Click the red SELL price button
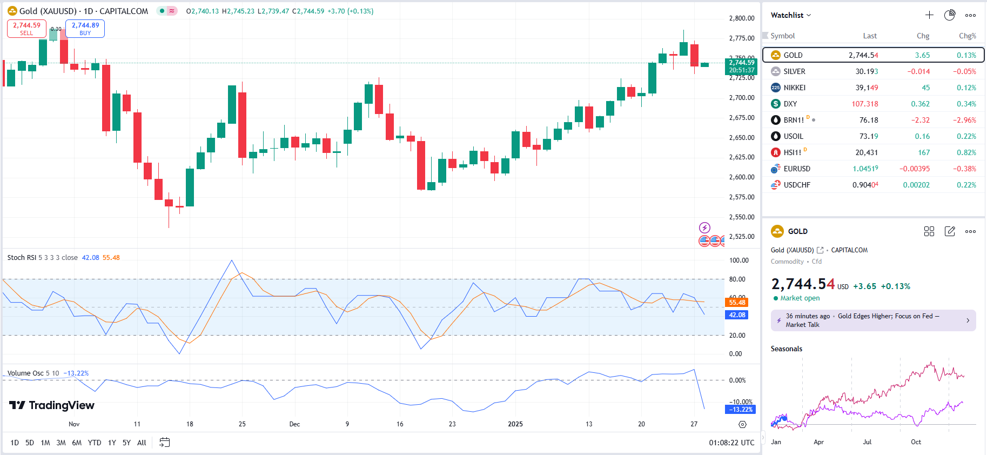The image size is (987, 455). click(26, 29)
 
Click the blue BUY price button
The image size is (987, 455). click(85, 29)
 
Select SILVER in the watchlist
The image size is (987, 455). click(794, 71)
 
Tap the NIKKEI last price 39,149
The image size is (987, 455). click(867, 88)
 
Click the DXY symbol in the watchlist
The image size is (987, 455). click(790, 104)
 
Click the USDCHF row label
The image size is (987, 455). click(797, 185)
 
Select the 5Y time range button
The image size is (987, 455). click(126, 443)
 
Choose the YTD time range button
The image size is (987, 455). click(95, 443)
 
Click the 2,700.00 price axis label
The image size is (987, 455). click(742, 98)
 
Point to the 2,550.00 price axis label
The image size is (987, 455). click(742, 217)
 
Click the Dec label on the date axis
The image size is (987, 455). click(294, 424)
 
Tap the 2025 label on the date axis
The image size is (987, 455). click(515, 424)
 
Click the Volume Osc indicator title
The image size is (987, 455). click(25, 373)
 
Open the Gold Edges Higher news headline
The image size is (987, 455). click(873, 320)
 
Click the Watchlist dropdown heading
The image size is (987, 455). click(790, 15)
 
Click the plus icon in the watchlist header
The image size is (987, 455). click(929, 15)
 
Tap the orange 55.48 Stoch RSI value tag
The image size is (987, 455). click(737, 303)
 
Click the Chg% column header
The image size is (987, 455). click(967, 36)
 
